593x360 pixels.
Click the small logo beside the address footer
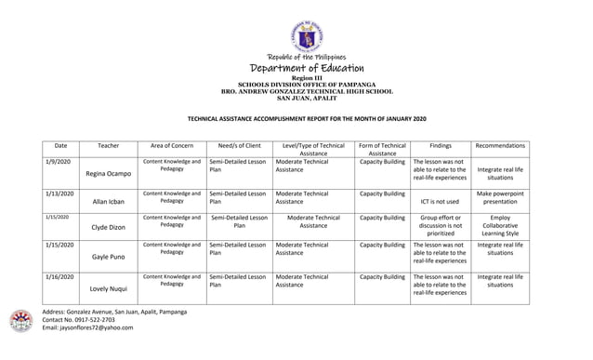20,321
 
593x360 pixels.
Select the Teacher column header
108,146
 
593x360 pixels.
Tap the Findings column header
441,146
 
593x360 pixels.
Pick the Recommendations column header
500,146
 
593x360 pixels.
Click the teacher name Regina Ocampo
108,174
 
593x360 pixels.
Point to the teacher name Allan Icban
108,201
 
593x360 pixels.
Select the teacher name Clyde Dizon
108,227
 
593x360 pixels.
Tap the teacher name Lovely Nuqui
108,289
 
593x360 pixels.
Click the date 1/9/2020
58,162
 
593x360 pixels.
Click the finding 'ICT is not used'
441,201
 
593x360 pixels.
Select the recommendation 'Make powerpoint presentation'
500,197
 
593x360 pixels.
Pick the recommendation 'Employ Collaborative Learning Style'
500,225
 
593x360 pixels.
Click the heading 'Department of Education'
306,69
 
